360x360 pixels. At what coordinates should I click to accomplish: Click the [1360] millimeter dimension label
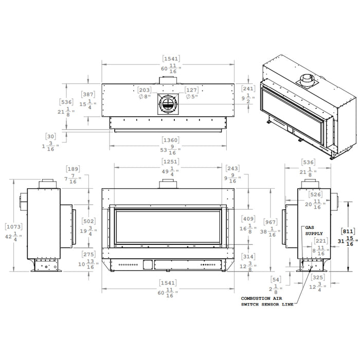click(171, 140)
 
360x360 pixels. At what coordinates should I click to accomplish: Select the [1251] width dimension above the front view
click(171, 162)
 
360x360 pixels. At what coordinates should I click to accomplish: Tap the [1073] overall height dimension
click(13, 227)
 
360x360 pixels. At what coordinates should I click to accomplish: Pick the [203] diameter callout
click(145, 89)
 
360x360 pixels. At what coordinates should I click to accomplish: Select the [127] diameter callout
click(191, 89)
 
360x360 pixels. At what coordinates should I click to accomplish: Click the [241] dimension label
click(248, 88)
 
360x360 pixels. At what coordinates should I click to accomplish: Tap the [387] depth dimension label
click(88, 94)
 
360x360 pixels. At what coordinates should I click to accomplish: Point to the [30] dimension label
click(50, 137)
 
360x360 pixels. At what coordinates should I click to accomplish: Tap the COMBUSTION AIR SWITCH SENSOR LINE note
click(267, 301)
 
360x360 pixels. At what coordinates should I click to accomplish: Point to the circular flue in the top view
click(168, 104)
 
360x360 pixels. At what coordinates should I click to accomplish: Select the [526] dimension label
click(315, 195)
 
